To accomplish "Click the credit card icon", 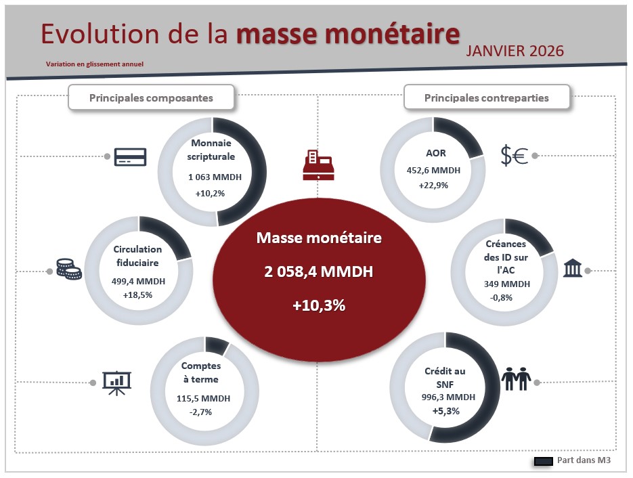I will pos(131,156).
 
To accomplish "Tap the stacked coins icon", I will pos(69,269).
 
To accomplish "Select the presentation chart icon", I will pos(116,383).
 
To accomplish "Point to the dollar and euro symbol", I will pos(514,156).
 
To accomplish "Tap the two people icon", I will pos(517,379).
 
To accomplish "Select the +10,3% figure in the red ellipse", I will pos(318,305).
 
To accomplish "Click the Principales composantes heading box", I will pos(151,98).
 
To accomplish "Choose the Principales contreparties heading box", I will pos(486,98).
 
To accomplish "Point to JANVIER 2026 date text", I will pos(515,51).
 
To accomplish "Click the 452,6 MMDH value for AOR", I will pos(433,171).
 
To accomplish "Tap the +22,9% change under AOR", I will pos(433,185).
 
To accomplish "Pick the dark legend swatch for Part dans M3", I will pos(544,462).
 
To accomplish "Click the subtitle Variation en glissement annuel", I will pos(95,64).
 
